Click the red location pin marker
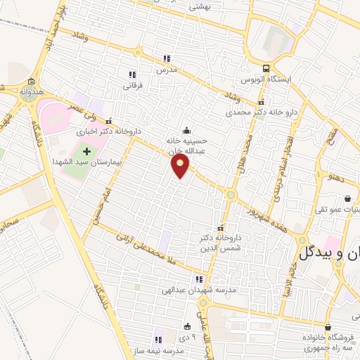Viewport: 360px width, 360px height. (181, 167)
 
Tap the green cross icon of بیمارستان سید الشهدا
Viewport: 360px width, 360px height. (87, 151)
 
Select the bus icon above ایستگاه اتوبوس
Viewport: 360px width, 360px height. (266, 69)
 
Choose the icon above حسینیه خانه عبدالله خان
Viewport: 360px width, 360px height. (186, 129)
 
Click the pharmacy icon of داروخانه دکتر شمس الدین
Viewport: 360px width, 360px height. (221, 228)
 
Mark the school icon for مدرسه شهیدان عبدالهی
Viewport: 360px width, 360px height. (206, 278)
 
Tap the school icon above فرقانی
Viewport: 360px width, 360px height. (131, 74)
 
